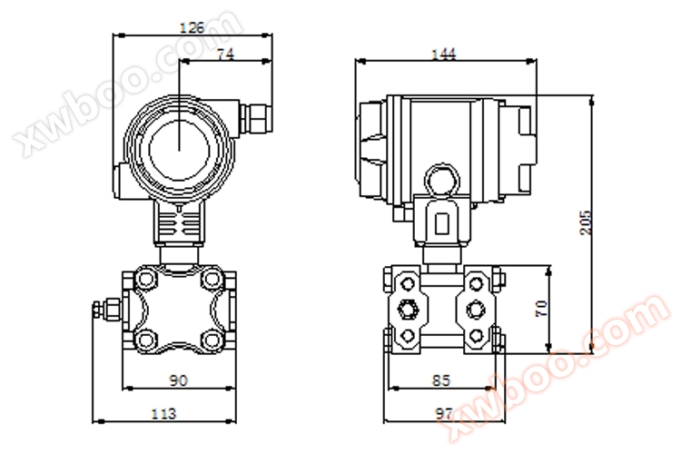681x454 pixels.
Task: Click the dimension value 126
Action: coord(192,28)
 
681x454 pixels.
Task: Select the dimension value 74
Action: coord(225,54)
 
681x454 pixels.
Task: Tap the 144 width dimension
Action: coord(443,54)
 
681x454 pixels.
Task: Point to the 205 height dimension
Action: coord(586,222)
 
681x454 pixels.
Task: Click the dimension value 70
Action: coord(541,308)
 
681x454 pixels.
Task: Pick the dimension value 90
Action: coord(178,380)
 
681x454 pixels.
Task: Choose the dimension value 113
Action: coord(164,414)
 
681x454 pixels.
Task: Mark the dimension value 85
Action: coord(441,380)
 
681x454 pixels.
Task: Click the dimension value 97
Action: coord(444,414)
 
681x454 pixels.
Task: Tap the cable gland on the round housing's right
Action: coord(255,118)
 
